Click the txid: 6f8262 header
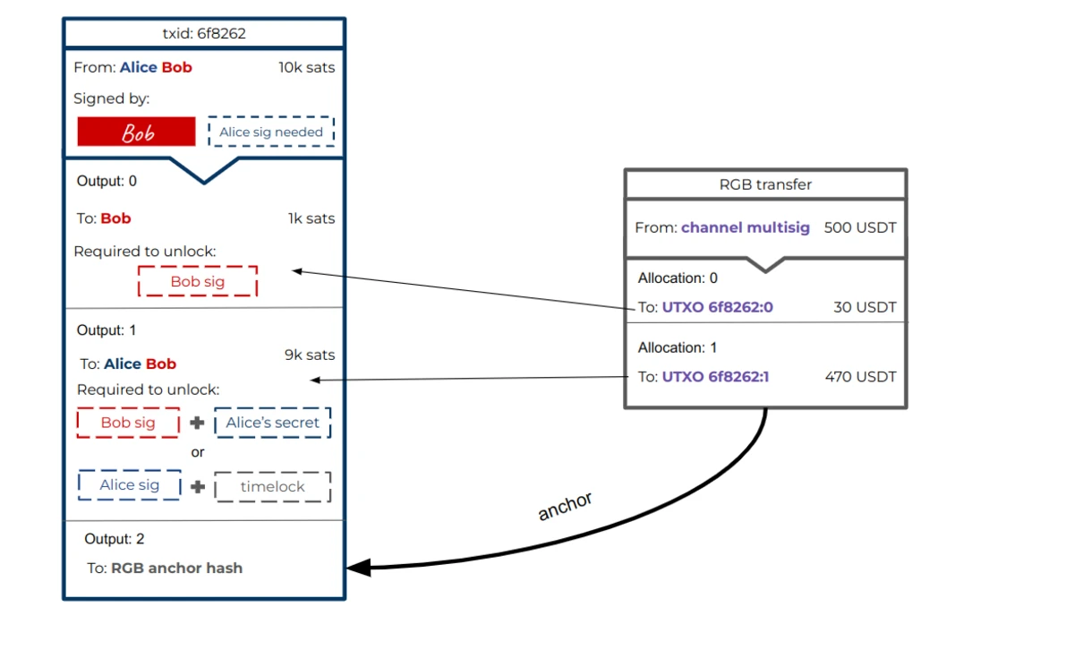pos(204,34)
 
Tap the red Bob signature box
pos(137,132)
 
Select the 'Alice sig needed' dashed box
pos(271,132)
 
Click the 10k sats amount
pos(307,68)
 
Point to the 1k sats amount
pos(311,218)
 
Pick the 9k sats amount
pos(310,355)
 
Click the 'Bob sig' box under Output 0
pos(198,281)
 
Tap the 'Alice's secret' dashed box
pos(272,423)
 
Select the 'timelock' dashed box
pos(272,487)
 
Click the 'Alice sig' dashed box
pos(130,485)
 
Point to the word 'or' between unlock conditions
pos(198,452)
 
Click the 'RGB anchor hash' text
pos(177,568)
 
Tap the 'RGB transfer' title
pos(765,184)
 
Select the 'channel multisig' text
pos(745,227)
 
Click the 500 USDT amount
pos(860,227)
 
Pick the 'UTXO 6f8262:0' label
pos(717,307)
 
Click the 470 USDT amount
pos(861,377)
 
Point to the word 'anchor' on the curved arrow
pos(565,506)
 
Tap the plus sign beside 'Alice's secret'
pos(197,423)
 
